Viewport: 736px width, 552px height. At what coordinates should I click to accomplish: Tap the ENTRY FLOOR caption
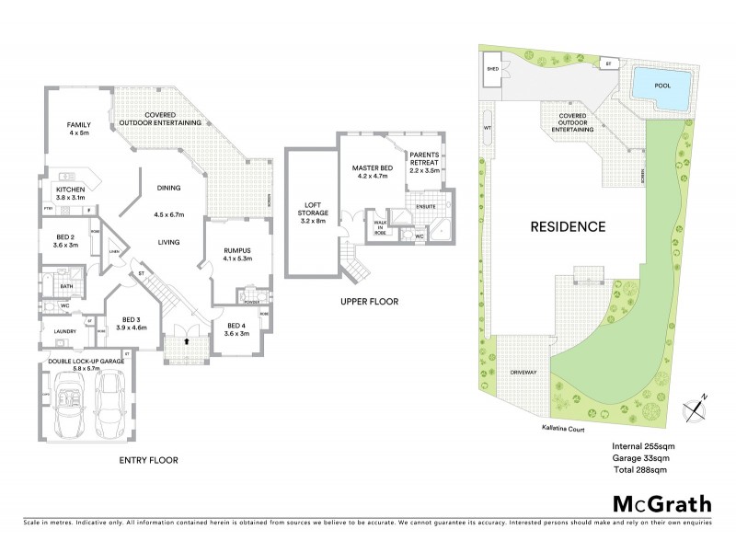148,459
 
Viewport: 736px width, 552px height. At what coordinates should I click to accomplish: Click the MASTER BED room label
372,172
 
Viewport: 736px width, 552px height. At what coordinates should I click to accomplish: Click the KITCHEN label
71,193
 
